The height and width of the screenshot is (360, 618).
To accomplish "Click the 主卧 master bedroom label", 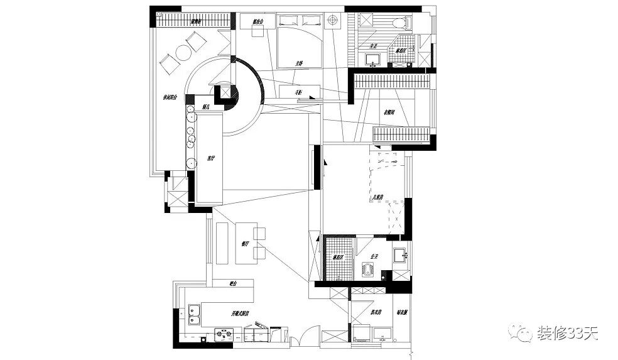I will [300, 63].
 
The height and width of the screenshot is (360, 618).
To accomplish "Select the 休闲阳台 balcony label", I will [170, 97].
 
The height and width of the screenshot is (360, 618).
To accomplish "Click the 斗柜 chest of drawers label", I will [300, 93].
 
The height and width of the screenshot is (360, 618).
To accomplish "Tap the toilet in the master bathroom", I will [399, 23].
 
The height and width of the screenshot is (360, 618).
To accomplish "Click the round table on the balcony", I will [183, 52].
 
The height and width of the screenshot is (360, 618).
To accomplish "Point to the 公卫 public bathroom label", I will [374, 256].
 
